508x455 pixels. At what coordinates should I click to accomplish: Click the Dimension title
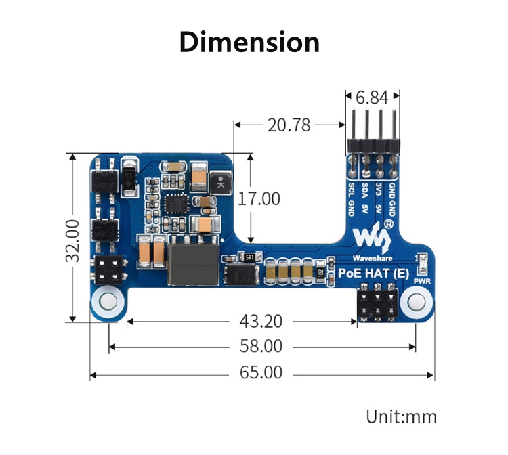click(249, 43)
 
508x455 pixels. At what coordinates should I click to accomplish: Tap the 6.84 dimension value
click(372, 97)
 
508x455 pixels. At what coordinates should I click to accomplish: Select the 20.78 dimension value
click(289, 125)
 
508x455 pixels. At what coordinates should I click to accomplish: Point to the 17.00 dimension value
click(258, 199)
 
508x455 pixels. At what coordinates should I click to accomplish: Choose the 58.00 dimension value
click(261, 347)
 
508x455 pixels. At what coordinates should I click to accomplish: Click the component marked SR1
click(247, 258)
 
